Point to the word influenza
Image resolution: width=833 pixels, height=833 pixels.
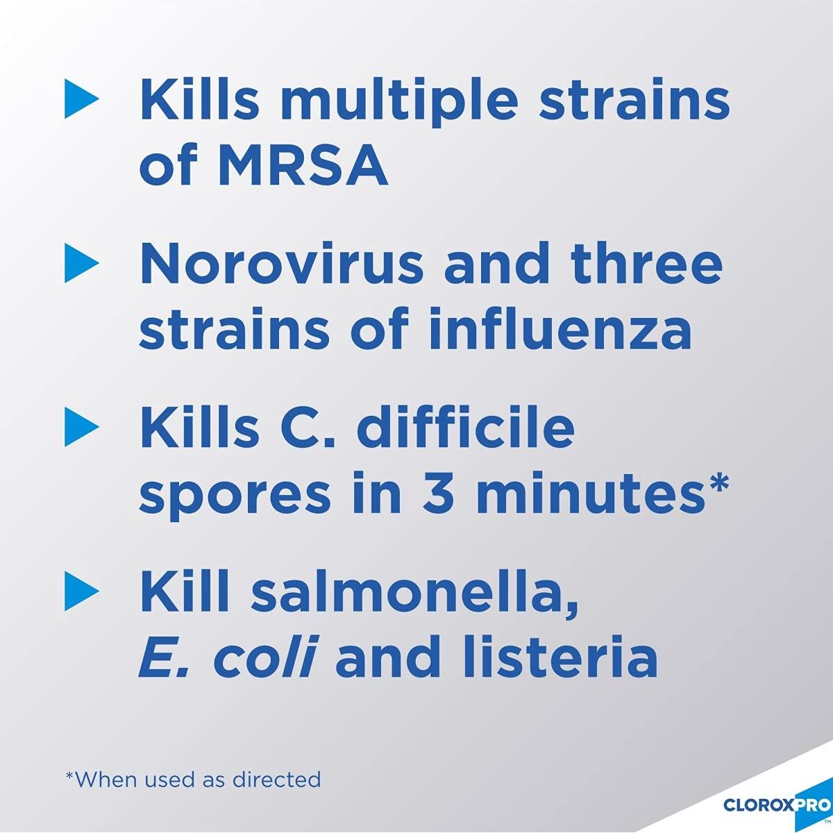tap(560, 328)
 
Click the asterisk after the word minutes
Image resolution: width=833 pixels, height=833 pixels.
tap(716, 483)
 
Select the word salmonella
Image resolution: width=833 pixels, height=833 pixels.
tap(414, 591)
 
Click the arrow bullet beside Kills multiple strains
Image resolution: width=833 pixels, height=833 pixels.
tap(81, 98)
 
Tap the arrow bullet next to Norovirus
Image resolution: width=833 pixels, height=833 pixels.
tap(81, 262)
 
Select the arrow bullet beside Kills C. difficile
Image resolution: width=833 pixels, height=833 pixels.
tap(81, 426)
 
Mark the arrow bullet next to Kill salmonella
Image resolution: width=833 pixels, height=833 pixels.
tap(81, 591)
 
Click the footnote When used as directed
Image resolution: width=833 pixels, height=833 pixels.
tap(193, 767)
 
